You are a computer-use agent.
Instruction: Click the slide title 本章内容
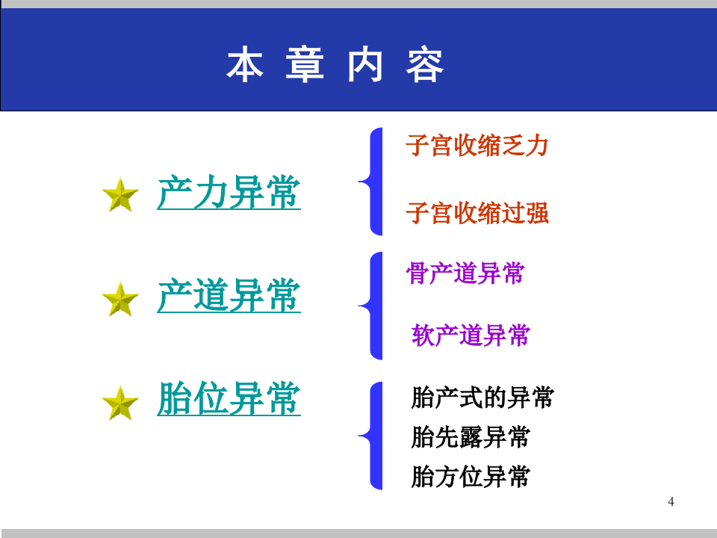pos(335,66)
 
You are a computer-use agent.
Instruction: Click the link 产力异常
pos(229,193)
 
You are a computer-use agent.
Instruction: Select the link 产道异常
pos(229,296)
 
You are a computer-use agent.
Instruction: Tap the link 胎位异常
pos(229,399)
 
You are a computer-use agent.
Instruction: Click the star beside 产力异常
pos(120,196)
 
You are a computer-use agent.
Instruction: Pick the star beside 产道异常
pos(120,300)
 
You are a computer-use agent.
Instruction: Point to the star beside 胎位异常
pos(120,403)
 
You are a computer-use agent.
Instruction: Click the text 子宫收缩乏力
pos(477,146)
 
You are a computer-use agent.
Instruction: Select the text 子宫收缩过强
pos(477,214)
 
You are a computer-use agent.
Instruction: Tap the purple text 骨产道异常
pos(465,273)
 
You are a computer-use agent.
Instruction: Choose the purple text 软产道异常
pos(471,336)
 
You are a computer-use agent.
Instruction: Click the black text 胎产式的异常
pos(482,398)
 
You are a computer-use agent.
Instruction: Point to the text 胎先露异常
pos(471,437)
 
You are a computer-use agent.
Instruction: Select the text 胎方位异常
pos(471,476)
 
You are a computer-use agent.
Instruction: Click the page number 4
pos(671,501)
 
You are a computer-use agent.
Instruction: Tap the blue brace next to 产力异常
pos(372,181)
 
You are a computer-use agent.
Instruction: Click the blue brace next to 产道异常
pos(372,306)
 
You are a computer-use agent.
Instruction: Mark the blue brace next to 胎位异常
pos(372,436)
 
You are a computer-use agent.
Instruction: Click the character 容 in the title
pos(426,66)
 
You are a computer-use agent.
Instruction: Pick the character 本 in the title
pos(245,66)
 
